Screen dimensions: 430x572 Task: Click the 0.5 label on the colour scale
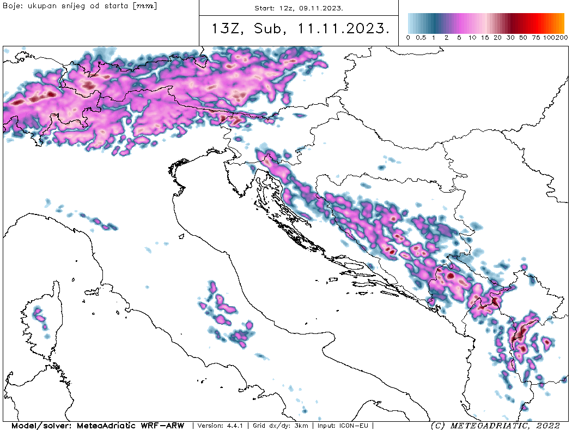point(421,38)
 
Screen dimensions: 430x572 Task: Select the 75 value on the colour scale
point(536,38)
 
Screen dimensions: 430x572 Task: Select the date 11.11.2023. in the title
point(344,29)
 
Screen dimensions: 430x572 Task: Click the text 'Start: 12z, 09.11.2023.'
point(299,8)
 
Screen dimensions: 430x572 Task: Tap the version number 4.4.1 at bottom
point(238,425)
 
